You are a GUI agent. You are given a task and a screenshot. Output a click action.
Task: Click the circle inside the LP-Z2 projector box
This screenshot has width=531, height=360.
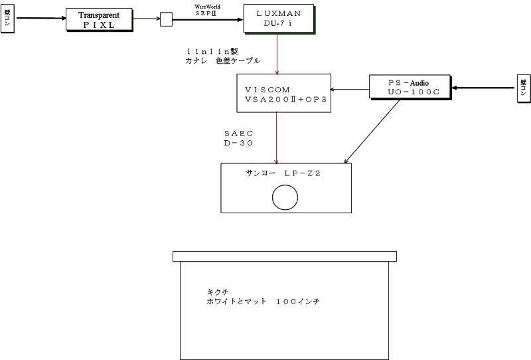[285, 197]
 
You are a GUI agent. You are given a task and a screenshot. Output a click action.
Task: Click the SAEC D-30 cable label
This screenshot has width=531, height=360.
[239, 137]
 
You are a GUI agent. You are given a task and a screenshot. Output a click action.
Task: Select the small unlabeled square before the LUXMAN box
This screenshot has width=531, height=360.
[166, 20]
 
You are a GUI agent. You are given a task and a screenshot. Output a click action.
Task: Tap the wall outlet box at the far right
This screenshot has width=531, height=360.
[523, 89]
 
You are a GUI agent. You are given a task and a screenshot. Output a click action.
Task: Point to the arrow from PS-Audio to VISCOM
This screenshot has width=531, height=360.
[350, 90]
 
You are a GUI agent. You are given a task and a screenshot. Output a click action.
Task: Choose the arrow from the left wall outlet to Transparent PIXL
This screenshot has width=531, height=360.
[40, 18]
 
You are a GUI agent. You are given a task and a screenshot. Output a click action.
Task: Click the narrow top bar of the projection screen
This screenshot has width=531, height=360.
[284, 256]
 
